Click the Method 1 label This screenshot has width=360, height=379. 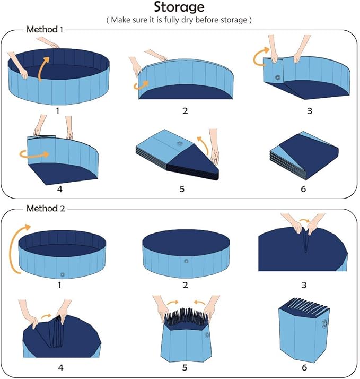pos(45,29)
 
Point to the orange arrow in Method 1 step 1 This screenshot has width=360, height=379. pos(46,66)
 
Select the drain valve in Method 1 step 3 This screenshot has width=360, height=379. pos(277,78)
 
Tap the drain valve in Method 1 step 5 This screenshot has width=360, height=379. pos(180,144)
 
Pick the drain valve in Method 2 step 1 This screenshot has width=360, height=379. pos(62,274)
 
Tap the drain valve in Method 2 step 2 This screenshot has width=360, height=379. pos(186,261)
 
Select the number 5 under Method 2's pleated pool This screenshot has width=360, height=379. pos(183,366)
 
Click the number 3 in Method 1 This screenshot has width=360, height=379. pos(310,111)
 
